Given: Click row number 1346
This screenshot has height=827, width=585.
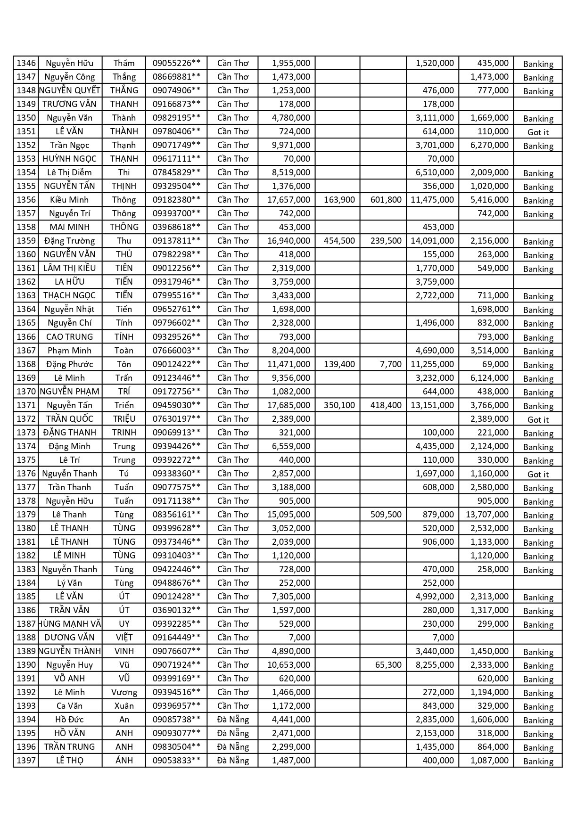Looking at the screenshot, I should (26, 63).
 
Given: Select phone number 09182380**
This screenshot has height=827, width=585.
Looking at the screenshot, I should (176, 200).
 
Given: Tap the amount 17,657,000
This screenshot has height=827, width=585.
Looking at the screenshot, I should (288, 200).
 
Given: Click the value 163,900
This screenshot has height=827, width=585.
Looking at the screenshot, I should (339, 200).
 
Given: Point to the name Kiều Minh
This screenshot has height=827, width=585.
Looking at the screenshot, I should (69, 200).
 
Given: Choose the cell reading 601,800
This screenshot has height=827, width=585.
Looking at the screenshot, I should (386, 200).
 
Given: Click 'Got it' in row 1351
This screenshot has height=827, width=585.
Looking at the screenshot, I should (538, 132).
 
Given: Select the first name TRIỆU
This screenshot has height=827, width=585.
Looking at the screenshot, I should (124, 419).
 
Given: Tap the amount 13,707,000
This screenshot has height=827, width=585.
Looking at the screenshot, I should (487, 515).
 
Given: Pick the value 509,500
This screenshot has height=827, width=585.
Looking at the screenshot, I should (386, 515).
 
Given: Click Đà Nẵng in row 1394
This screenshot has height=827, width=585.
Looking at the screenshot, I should (233, 720).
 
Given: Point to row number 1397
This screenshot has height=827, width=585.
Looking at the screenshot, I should (26, 761).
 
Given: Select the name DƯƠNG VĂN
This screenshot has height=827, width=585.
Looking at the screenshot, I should (69, 638).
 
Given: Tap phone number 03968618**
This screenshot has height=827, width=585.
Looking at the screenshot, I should (176, 227).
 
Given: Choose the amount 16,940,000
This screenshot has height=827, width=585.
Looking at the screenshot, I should (288, 241).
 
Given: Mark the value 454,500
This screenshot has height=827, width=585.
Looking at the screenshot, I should (339, 241).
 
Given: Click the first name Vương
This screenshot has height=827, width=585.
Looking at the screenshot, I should (124, 692).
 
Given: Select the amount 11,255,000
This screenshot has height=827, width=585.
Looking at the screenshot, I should (432, 364).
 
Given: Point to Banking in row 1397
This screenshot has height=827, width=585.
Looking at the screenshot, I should (538, 761).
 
